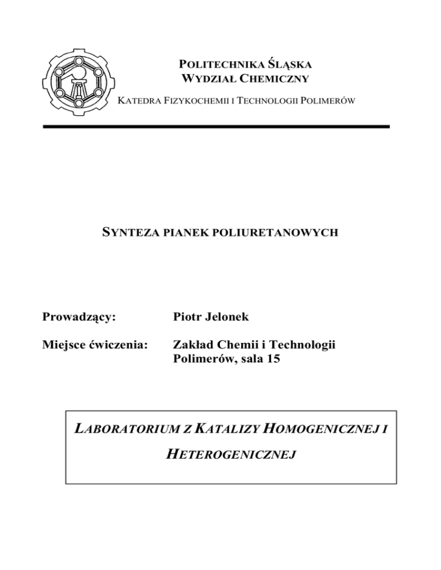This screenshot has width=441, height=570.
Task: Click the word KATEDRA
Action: coord(136,102)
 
